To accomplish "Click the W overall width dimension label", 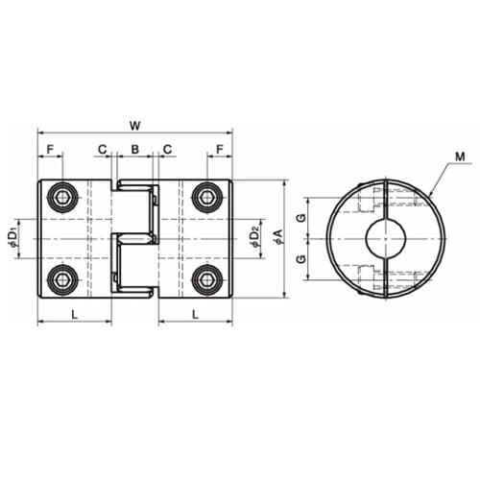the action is tap(135, 126).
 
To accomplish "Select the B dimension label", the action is tap(135, 149).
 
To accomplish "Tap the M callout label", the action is tap(460, 156).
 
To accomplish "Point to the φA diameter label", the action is tap(279, 237).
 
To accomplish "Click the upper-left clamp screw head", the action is tap(62, 197).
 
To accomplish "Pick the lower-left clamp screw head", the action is tap(62, 280).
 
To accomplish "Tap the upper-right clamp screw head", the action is tap(206, 197).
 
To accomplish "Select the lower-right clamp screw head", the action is tap(206, 280).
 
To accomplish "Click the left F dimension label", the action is tap(50, 149).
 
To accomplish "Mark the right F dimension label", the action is tap(220, 149).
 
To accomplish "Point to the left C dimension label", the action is tap(102, 149).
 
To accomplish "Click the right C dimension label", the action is tap(167, 149).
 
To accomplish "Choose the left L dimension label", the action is tap(74, 315).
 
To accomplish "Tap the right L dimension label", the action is tap(195, 315).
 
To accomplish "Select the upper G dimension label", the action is tap(301, 218).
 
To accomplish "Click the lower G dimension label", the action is tap(301, 258).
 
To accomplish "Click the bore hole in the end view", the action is tap(386, 239).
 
